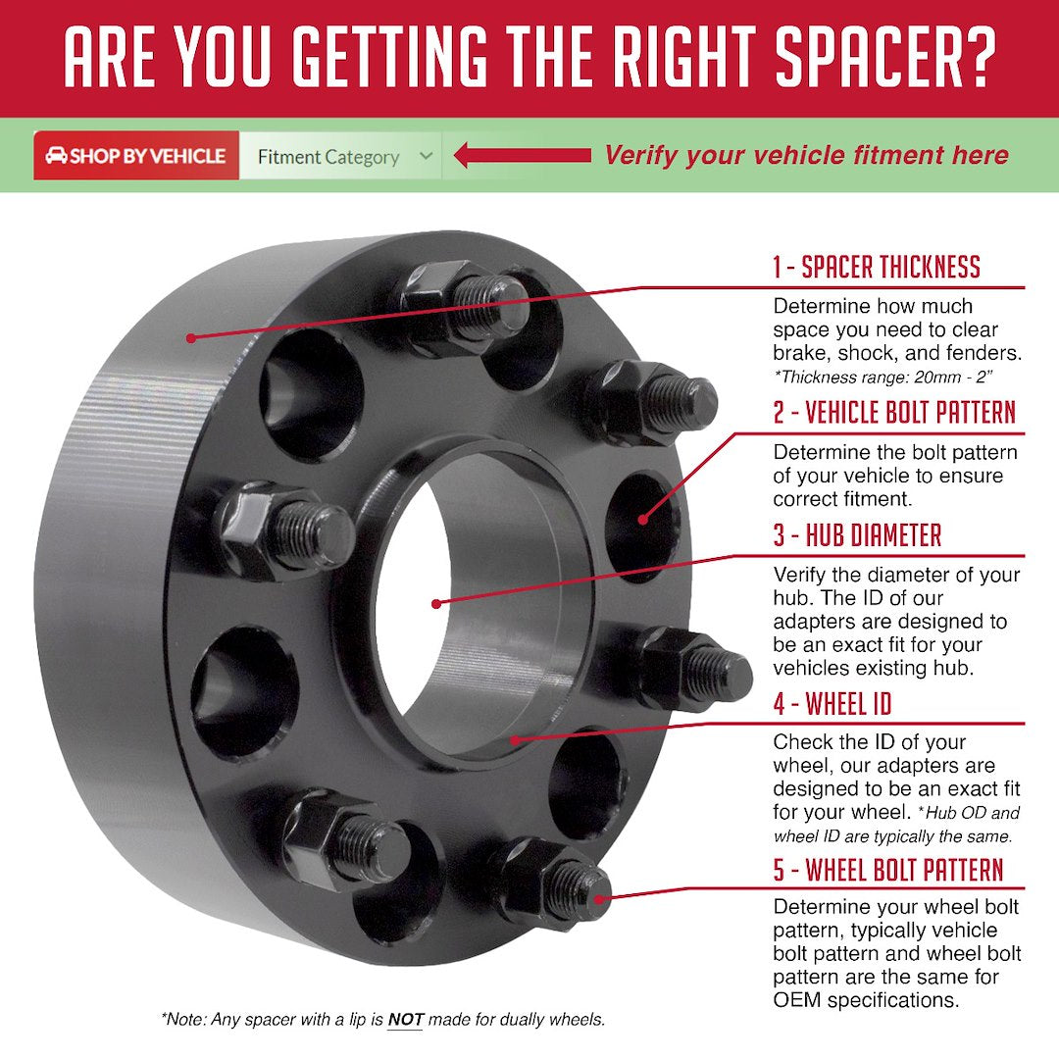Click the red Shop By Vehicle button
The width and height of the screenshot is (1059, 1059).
136,156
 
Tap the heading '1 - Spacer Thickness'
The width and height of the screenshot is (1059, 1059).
876,267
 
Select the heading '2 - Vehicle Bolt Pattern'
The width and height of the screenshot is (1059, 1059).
894,413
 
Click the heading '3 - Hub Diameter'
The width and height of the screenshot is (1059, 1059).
857,535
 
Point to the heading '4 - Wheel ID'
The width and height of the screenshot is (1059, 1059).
832,703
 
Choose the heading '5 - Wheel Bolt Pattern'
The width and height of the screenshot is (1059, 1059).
888,870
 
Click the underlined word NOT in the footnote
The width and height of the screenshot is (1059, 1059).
405,1020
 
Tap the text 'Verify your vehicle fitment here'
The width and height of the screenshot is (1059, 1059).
806,155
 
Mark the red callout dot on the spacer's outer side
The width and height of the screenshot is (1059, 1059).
191,337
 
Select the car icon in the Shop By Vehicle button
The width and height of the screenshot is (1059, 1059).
56,156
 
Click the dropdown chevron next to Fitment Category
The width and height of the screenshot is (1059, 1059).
425,156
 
